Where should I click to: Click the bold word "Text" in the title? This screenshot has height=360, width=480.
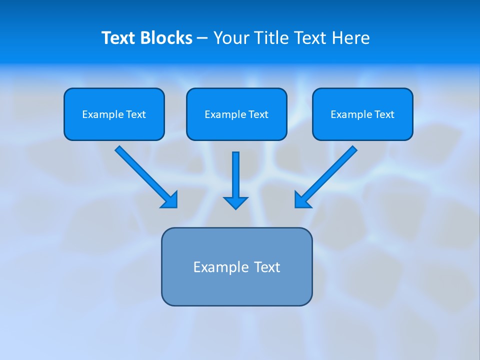tap(118, 38)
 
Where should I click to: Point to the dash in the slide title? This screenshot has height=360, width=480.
tap(202, 38)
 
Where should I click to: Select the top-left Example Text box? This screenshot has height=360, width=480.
tap(114, 114)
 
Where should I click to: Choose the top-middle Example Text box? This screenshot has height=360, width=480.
tap(236, 114)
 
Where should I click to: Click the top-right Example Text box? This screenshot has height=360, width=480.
tap(362, 114)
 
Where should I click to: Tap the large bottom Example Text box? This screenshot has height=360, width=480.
tap(236, 266)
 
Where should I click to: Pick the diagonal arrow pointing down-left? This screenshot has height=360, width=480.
tap(328, 175)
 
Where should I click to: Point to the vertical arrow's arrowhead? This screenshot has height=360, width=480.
tap(235, 202)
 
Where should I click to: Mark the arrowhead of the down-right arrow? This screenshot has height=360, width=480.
tap(170, 200)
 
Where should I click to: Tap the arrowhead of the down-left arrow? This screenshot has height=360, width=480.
tap(302, 200)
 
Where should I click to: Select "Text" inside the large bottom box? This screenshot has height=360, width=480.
tap(267, 267)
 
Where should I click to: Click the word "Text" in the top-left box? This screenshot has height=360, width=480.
tap(135, 114)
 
